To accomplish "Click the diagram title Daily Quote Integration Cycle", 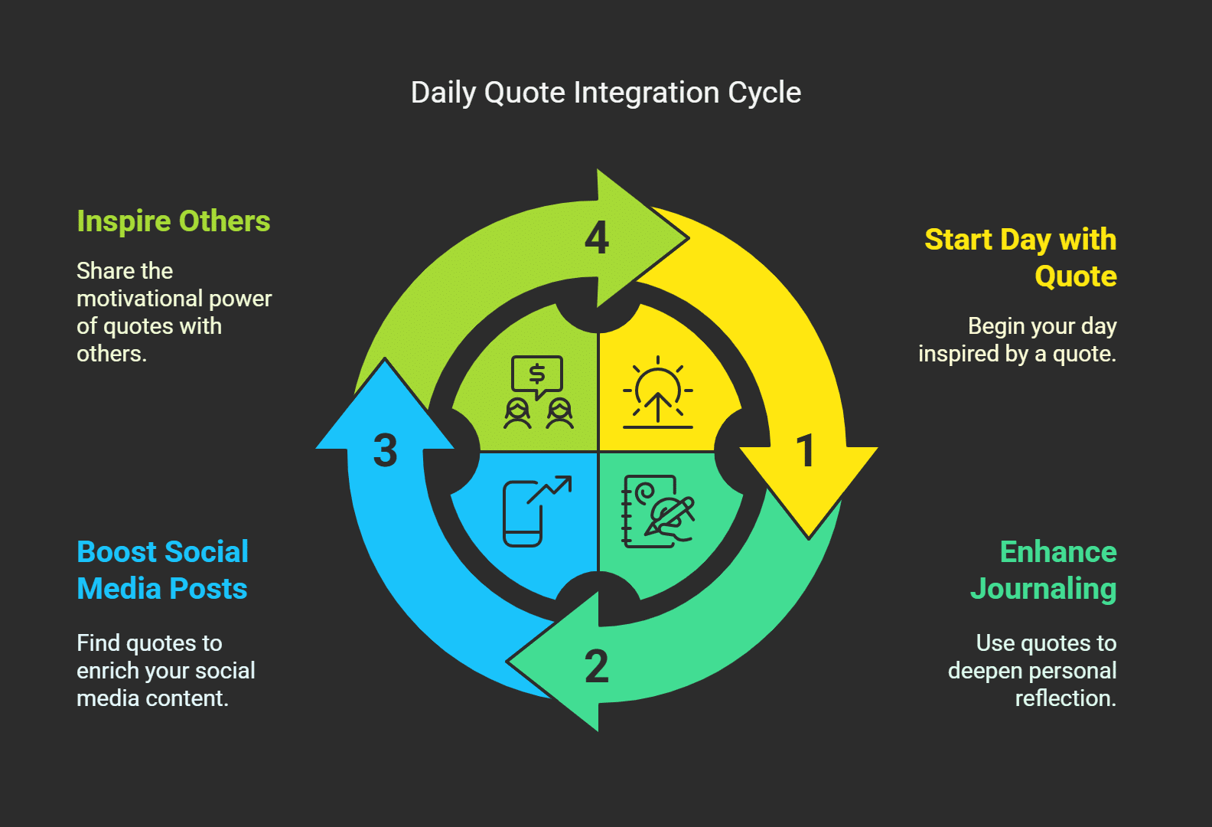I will point(605,93).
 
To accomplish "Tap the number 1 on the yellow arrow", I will point(805,450).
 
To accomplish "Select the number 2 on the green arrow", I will point(597,666).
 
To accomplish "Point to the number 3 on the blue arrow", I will point(386,450).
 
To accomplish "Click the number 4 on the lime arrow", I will point(597,237).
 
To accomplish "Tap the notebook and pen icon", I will point(656,511).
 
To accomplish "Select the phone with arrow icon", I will point(536,511).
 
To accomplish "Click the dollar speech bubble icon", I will point(537,378).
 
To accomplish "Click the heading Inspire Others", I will point(174,221).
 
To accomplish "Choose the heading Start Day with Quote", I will point(1021,258).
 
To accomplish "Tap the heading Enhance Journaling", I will point(1044,570).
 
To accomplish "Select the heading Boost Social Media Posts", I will point(162,570).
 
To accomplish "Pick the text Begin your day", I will point(1042,326).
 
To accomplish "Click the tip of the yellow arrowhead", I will point(809,537).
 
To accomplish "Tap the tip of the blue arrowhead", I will point(385,360).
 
